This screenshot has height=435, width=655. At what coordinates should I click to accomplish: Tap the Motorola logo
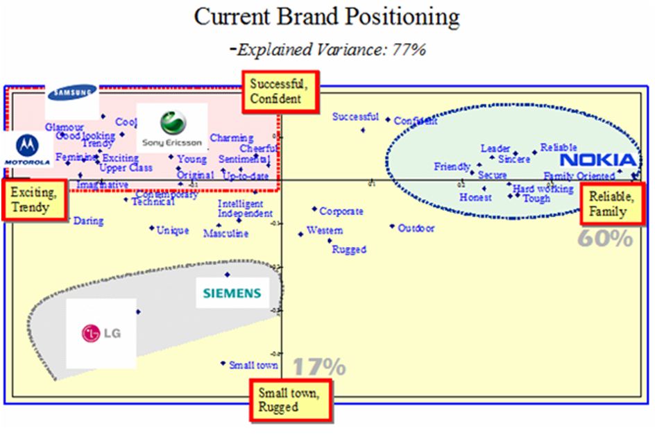click(27, 151)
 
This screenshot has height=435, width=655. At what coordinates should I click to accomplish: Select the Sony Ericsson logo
click(171, 129)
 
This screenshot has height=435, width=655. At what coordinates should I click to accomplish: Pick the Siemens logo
click(232, 293)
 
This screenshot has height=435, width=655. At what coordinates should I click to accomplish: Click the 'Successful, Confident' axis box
click(278, 91)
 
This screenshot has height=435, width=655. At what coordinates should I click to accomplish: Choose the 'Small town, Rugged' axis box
click(289, 400)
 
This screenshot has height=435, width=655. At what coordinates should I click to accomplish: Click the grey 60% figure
click(605, 239)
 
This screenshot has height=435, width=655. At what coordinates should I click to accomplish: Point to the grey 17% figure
click(318, 366)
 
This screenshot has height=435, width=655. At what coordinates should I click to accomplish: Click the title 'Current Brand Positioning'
click(327, 17)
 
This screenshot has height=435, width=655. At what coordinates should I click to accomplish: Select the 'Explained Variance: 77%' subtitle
click(329, 49)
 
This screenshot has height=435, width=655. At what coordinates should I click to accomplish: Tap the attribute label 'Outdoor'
click(416, 228)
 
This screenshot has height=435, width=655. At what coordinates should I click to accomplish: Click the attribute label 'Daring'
click(89, 221)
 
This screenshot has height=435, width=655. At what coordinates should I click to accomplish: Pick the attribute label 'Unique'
click(172, 230)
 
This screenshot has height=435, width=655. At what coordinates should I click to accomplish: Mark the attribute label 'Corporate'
click(341, 212)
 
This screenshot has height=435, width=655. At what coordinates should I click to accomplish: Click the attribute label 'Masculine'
click(226, 234)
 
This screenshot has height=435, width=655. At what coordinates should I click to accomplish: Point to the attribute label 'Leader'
click(495, 149)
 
